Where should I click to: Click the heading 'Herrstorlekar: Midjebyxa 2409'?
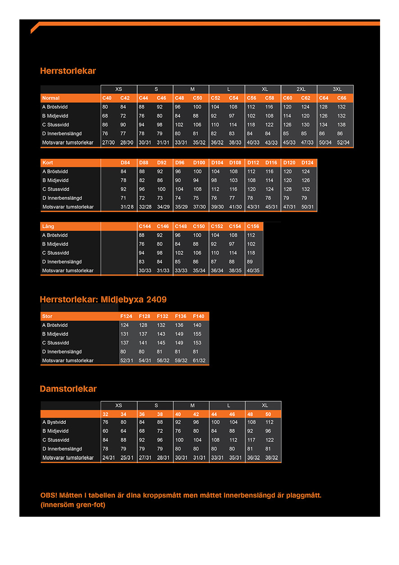pos(103,299)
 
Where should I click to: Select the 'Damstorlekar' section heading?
pos(68,389)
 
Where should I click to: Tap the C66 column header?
pos(342,98)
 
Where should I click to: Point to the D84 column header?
pos(125,162)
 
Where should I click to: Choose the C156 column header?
pos(253,226)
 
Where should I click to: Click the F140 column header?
pos(199,317)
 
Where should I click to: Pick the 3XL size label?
pos(337,89)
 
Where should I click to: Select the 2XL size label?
pos(301,89)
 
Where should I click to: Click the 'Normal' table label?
pos(51,98)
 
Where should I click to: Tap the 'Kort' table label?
pos(48,162)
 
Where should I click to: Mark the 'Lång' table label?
pos(48,226)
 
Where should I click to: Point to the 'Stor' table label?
pos(47,317)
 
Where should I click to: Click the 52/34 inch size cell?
pos(343,142)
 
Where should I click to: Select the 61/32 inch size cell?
pos(199,361)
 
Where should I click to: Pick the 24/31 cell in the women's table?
pos(108,458)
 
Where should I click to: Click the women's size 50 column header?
pos(268,414)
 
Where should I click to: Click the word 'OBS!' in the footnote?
pos(49,495)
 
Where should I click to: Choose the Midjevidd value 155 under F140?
pos(197,334)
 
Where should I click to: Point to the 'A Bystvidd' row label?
pos(54,423)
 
